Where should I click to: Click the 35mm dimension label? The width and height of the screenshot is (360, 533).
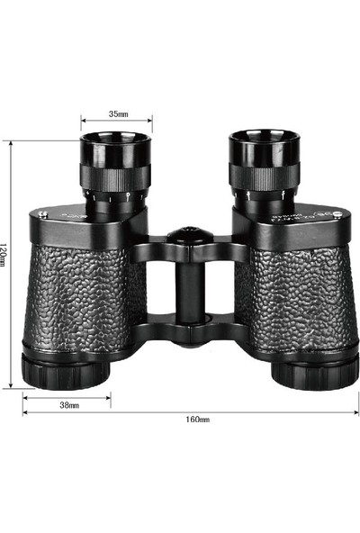point(117,114)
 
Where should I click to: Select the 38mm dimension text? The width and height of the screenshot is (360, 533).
point(69,405)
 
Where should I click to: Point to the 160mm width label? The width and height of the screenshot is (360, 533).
point(197,420)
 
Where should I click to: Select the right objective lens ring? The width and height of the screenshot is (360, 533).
point(314,370)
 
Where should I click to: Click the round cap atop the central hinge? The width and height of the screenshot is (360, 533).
point(190,236)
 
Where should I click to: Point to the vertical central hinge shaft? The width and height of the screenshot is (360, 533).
point(190,288)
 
